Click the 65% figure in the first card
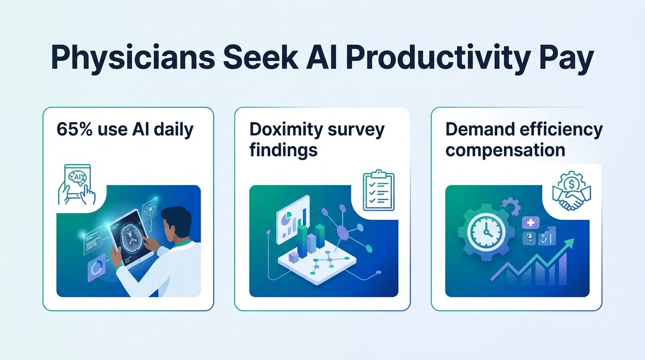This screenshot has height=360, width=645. tap(75, 129)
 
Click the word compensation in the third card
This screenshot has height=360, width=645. tap(505, 150)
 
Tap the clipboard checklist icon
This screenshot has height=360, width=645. tap(379, 190)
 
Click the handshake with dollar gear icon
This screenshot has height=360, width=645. tap(571, 191)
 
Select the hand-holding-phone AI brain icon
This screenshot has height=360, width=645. tap(76, 185)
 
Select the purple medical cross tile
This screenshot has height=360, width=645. tap(531, 223)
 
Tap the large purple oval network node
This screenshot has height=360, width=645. tap(342, 232)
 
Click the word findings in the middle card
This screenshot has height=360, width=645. tap(283, 150)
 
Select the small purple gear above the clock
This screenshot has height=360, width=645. tap(510, 206)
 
